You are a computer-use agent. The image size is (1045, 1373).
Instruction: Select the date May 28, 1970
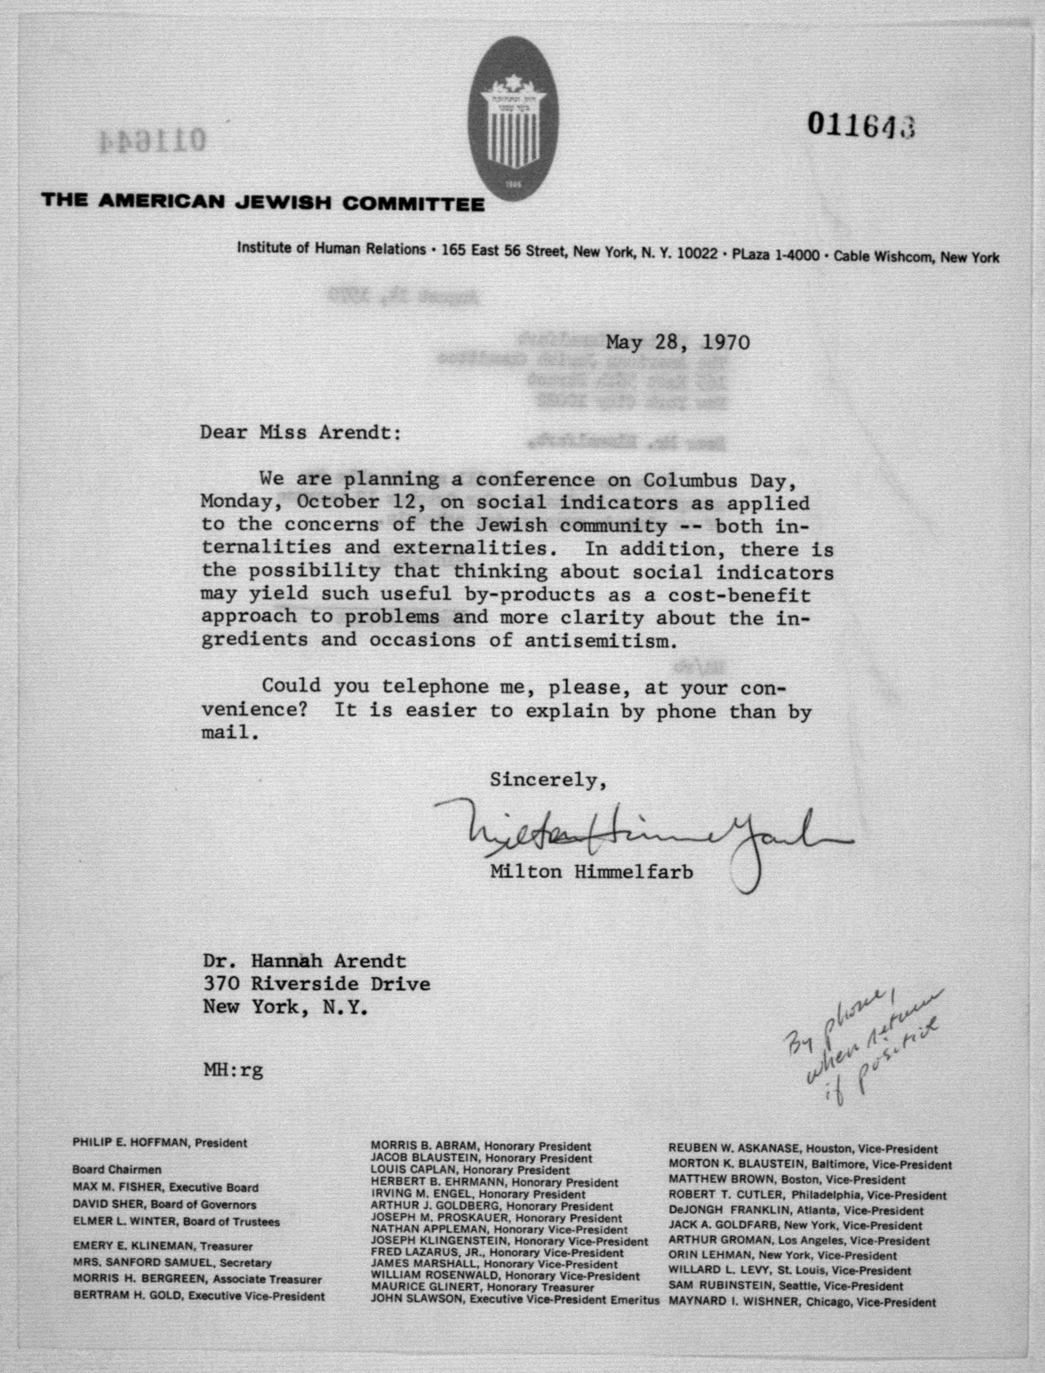click(678, 342)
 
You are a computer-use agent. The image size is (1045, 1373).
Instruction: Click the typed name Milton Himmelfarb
click(591, 872)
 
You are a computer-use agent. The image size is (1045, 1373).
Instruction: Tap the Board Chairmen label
click(117, 1169)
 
